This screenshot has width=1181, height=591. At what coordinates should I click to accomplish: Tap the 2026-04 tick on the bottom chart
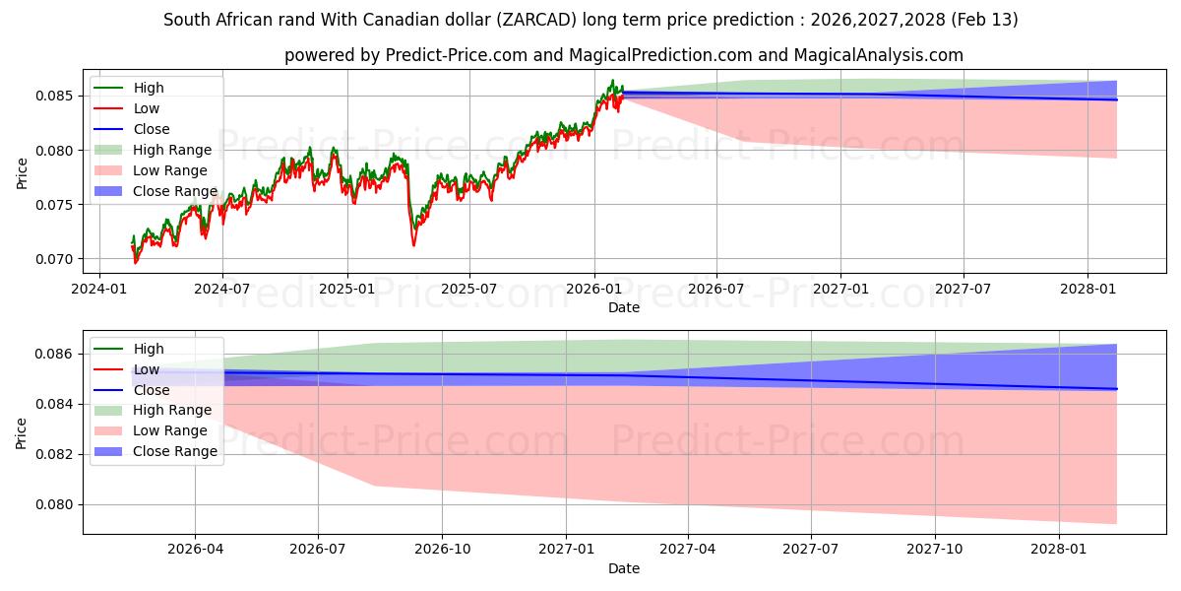coord(195,550)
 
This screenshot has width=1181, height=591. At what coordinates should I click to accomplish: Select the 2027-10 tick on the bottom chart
coord(935,550)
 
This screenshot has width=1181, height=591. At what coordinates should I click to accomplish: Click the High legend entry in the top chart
coord(149,88)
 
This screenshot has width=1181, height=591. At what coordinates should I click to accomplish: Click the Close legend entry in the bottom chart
coord(152,390)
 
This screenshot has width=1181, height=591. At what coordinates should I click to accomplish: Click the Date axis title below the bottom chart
coord(624,568)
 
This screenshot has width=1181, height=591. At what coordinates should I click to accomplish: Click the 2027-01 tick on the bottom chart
coord(567,550)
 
